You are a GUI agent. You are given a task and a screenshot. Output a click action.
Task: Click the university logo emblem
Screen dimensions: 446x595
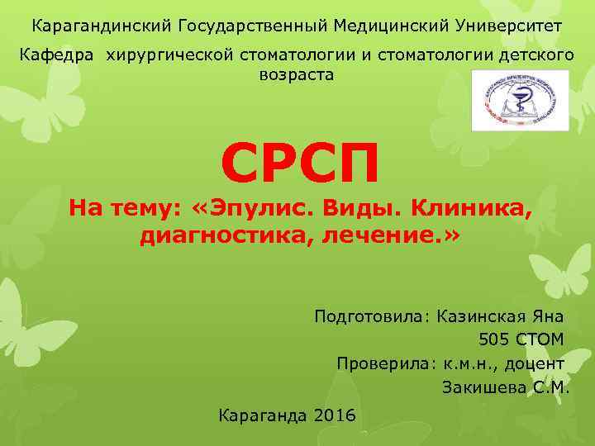click(x=520, y=101)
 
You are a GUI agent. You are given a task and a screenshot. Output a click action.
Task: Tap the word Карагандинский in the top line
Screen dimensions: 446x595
click(x=101, y=26)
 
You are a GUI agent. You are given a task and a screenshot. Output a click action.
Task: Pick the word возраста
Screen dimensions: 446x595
click(x=297, y=74)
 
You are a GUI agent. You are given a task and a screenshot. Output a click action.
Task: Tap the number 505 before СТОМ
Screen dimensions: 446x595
click(x=494, y=339)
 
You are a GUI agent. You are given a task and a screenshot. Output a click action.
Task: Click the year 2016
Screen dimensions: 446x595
click(x=336, y=415)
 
